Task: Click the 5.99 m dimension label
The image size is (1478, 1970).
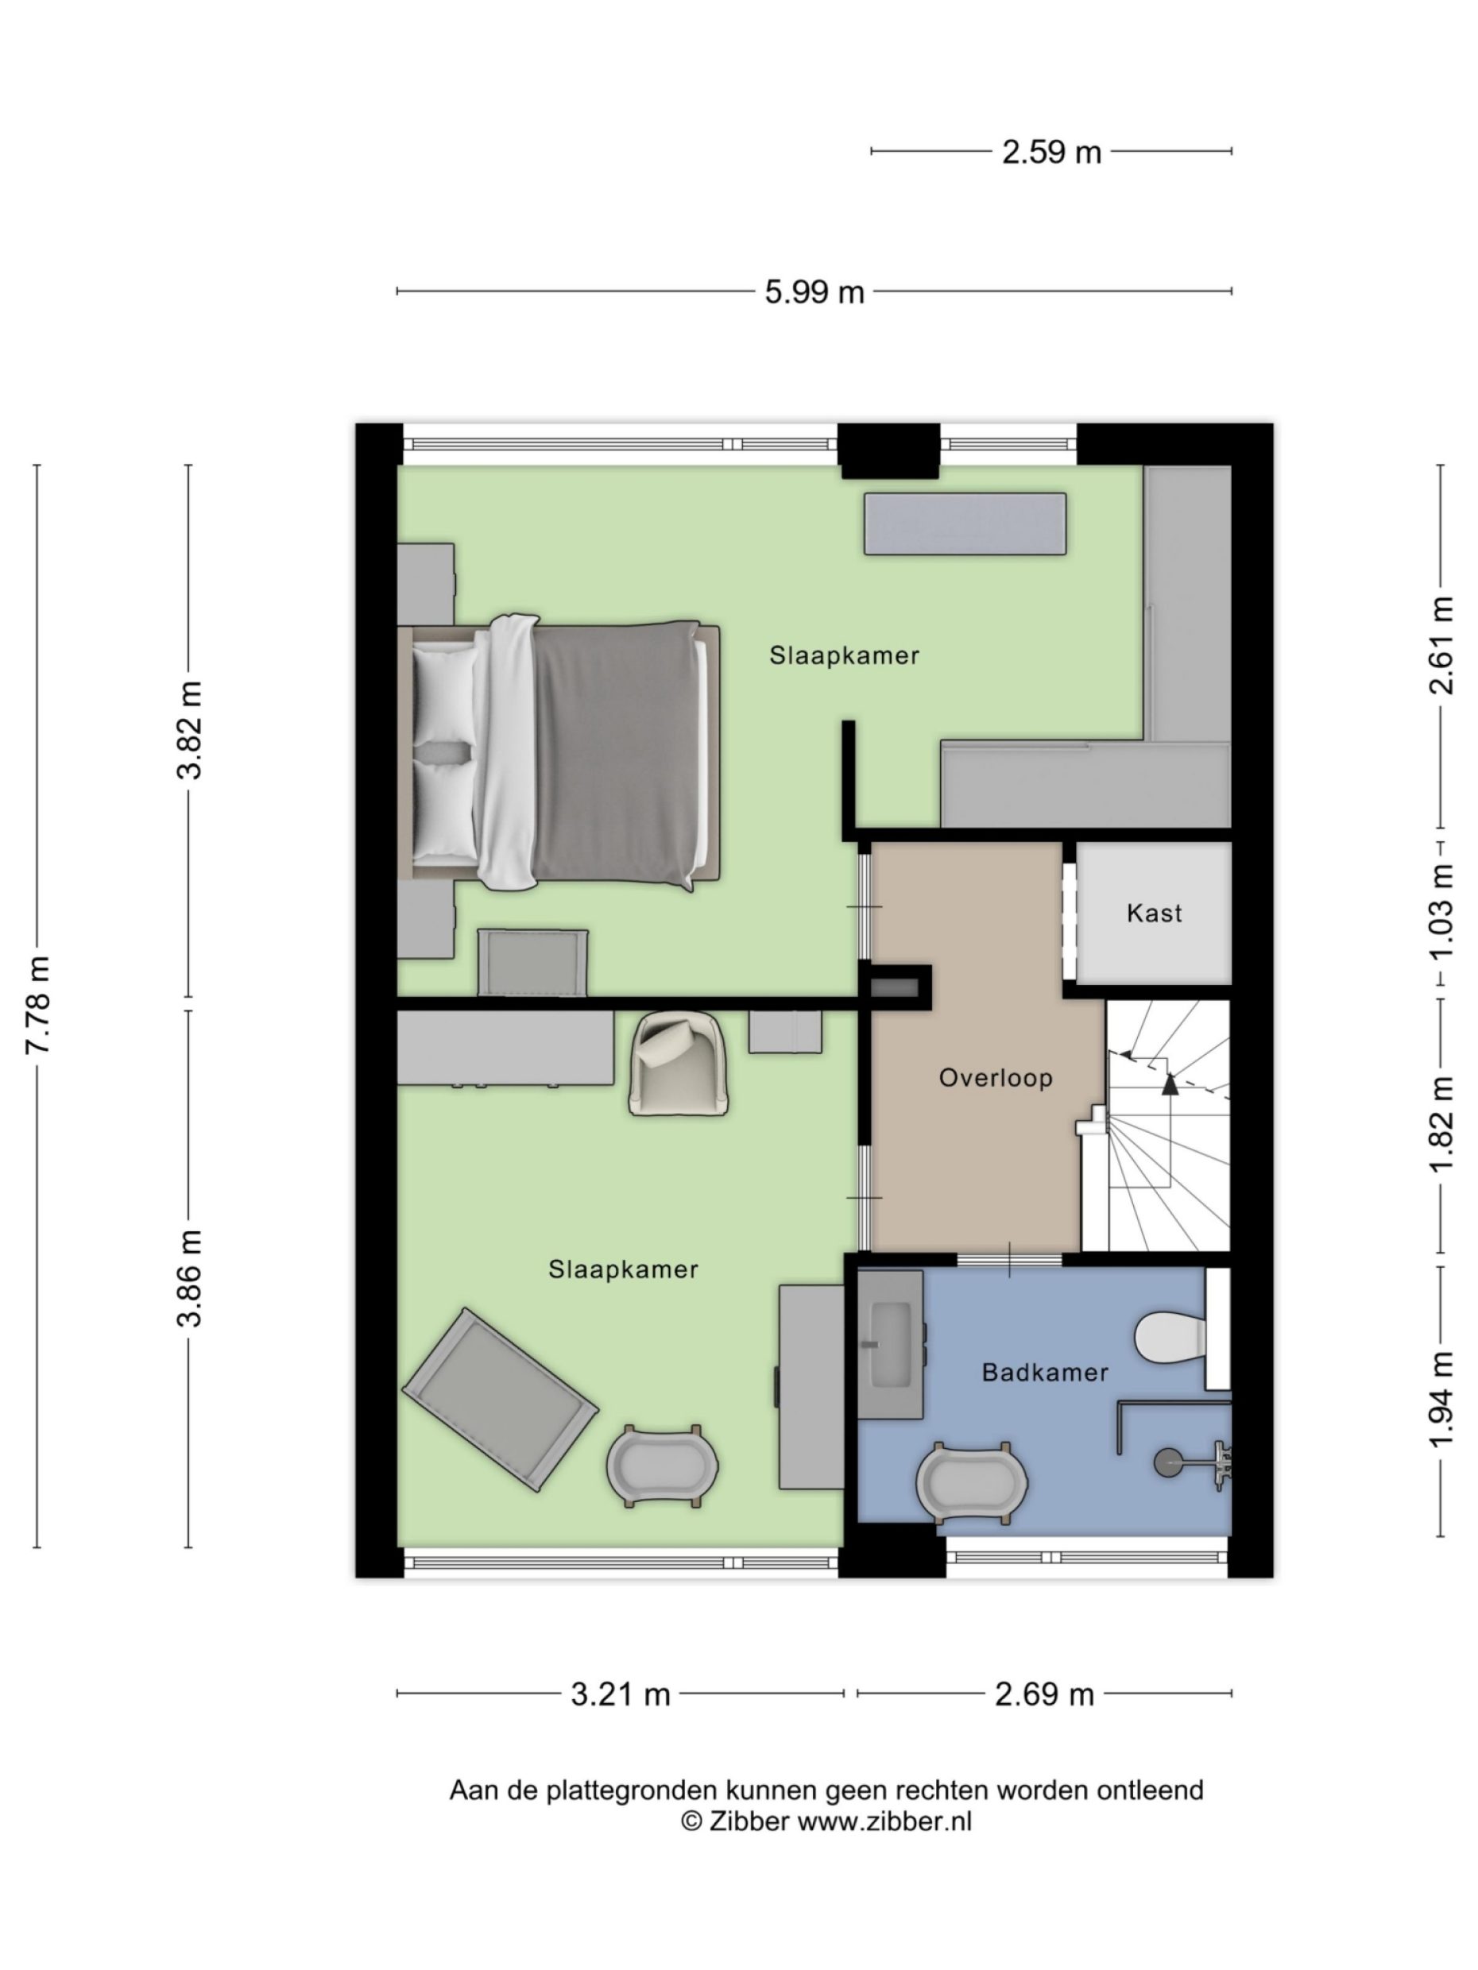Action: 814,292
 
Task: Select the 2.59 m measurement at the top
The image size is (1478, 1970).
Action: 1050,153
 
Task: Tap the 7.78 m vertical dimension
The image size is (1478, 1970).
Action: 38,1004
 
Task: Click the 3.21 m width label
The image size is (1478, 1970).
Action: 620,1693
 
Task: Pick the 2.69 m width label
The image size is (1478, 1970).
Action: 1043,1693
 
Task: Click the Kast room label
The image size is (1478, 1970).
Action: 1153,913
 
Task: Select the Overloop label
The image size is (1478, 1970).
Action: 995,1078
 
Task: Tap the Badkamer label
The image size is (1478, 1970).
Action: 1044,1373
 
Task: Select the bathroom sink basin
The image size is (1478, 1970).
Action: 890,1346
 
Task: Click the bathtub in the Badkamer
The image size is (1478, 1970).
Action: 971,1482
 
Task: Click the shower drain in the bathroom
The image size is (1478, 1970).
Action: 1167,1461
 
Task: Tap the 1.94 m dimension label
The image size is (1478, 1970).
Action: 1441,1399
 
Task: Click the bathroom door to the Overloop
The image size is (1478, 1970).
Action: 1008,1258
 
